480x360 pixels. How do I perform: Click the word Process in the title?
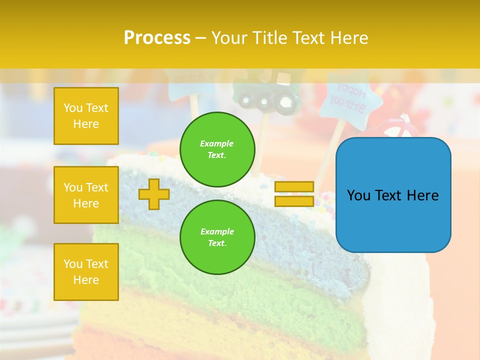tap(157, 38)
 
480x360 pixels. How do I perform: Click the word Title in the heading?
tap(273, 38)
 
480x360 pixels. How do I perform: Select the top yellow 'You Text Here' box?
tap(86, 116)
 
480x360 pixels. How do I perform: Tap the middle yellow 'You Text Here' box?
tap(86, 195)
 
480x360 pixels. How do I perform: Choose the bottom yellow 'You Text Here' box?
tap(86, 271)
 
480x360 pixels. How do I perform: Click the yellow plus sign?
tap(154, 194)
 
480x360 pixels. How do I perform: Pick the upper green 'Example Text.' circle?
tap(217, 149)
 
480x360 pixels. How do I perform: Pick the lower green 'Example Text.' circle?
tap(217, 237)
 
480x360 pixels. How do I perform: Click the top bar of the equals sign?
tap(294, 187)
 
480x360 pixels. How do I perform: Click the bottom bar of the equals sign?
tap(294, 201)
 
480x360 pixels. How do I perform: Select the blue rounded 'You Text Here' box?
tap(393, 195)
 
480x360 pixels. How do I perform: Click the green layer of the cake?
tap(280, 300)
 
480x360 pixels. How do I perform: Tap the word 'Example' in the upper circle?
tap(217, 143)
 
